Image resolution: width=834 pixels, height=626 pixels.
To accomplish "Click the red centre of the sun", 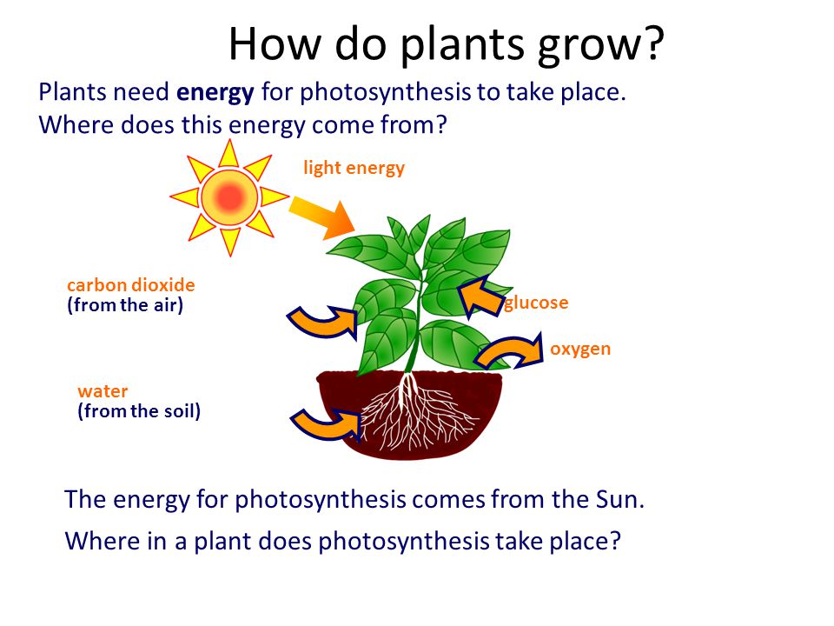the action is click(229, 197).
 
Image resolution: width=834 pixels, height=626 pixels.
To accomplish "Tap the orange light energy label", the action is click(354, 168).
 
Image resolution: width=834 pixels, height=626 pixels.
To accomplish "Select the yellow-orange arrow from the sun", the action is click(322, 218).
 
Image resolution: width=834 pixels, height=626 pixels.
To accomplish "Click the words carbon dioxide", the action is click(131, 285).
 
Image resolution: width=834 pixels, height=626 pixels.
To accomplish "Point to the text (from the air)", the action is click(125, 305).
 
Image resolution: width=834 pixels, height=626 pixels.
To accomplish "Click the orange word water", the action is click(103, 391).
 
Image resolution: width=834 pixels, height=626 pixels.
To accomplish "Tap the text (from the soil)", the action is click(139, 411).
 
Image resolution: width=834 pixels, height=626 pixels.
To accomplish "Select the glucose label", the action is click(536, 303).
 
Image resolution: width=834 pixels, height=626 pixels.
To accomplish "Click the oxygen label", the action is click(580, 350).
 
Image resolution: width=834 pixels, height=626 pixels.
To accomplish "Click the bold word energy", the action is click(215, 93).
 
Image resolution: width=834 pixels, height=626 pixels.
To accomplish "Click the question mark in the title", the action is click(654, 43).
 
